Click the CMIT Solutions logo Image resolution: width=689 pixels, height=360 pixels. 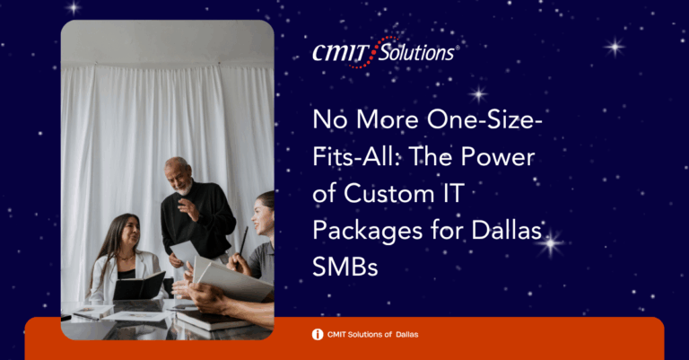tap(386, 52)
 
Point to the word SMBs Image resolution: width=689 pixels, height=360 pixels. tap(345, 266)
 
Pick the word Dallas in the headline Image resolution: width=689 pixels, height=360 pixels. tap(506, 230)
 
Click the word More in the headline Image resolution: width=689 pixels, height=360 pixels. tap(388, 119)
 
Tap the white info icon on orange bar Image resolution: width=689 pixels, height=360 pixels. tap(318, 335)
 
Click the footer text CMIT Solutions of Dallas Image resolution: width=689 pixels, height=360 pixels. tap(372, 335)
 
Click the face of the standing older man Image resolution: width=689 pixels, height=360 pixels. tap(179, 176)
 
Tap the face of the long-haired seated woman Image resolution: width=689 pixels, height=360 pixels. tap(129, 232)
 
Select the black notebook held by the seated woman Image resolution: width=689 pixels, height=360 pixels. tap(139, 285)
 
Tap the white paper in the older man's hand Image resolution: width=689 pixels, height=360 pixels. tap(185, 252)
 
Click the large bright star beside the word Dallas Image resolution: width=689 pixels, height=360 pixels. tap(551, 243)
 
